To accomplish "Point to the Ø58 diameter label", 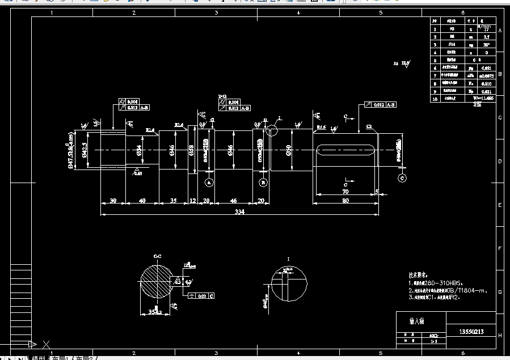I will point(191,150).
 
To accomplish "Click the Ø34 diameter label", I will point(139,150).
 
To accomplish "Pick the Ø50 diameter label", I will point(288,150).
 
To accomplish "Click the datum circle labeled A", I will point(209,183).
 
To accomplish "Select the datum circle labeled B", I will point(263,183).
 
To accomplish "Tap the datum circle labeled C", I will point(402,178).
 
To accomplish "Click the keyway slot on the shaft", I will point(345,150).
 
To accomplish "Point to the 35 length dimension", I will point(172,201).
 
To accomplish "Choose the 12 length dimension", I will point(192,201).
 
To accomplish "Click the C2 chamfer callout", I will point(369,126).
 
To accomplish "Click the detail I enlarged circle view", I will point(289,283).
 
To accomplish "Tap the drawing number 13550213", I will point(471,331).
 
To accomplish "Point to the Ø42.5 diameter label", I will point(84,150).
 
